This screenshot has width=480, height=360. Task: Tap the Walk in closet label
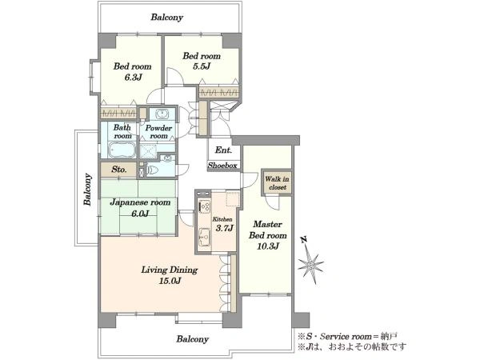[x=277, y=183]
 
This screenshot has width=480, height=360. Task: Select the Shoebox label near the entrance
[x=222, y=166]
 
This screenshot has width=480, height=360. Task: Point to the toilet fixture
[x=154, y=170]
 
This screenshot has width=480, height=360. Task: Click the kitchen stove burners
[x=204, y=206]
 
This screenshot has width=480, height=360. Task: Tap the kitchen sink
[x=204, y=237]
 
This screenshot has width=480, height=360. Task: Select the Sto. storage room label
[x=118, y=170]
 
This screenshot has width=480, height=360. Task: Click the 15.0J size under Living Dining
[x=170, y=281]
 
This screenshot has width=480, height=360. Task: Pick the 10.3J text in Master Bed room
[x=268, y=246]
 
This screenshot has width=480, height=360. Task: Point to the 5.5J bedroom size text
[x=202, y=66]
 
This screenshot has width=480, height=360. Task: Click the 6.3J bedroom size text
[x=133, y=77]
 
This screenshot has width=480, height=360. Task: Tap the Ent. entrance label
[x=223, y=150]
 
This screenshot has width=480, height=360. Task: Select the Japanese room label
[x=140, y=202]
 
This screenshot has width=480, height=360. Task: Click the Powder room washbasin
[x=161, y=114]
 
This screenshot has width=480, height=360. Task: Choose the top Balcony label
[x=167, y=17]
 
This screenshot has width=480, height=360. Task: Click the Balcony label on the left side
[x=88, y=189]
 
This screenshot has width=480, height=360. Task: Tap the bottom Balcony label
[x=193, y=339]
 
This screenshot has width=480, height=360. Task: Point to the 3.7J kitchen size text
[x=225, y=228]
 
